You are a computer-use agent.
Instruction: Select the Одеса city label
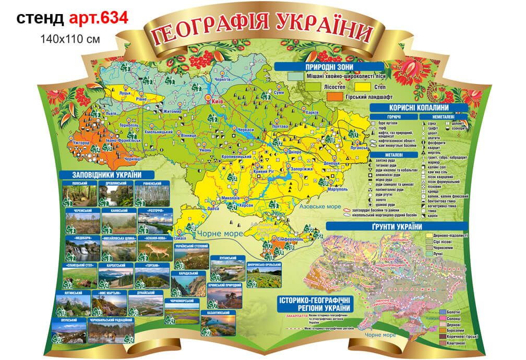pyautogui.click(x=213, y=208)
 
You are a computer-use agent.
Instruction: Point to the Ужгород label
pyautogui.click(x=82, y=142)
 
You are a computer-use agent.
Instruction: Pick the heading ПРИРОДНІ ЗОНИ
pyautogui.click(x=329, y=67)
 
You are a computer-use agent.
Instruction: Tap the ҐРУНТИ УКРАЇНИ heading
pyautogui.click(x=397, y=226)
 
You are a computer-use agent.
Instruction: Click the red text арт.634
pyautogui.click(x=99, y=18)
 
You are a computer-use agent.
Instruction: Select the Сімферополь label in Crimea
pyautogui.click(x=291, y=238)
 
